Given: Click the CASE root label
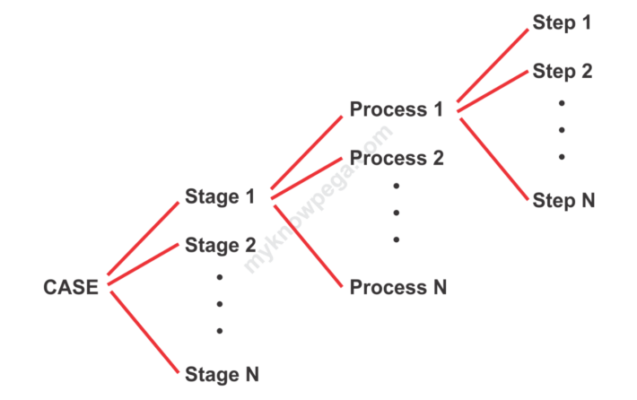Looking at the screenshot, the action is pyautogui.click(x=71, y=287).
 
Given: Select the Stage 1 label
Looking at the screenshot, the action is pyautogui.click(x=220, y=196).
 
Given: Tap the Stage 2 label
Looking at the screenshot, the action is pyautogui.click(x=220, y=245).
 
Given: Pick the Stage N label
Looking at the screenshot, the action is pyautogui.click(x=222, y=374).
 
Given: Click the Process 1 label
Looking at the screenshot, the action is pyautogui.click(x=396, y=109).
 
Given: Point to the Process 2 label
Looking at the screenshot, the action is pyautogui.click(x=397, y=158).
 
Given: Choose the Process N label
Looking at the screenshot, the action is pyautogui.click(x=398, y=287).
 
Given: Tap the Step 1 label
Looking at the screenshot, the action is pyautogui.click(x=562, y=22).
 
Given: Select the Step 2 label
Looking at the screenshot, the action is pyautogui.click(x=563, y=71).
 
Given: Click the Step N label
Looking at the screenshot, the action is pyautogui.click(x=563, y=200).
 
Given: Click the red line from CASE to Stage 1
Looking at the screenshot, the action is pyautogui.click(x=143, y=239).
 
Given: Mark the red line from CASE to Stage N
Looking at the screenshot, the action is pyautogui.click(x=144, y=332).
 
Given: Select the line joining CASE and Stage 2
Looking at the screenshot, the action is pyautogui.click(x=144, y=264).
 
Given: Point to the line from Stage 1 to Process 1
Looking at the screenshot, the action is pyautogui.click(x=307, y=152).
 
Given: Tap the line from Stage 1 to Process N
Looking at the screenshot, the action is pyautogui.click(x=309, y=246).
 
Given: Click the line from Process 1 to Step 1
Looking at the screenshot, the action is pyautogui.click(x=493, y=65).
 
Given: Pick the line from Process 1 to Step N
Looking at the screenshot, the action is pyautogui.click(x=494, y=159).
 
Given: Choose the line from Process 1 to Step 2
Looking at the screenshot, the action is pyautogui.click(x=493, y=91).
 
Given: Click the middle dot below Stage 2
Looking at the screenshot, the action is pyautogui.click(x=220, y=304).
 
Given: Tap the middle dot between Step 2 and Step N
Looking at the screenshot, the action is pyautogui.click(x=562, y=130).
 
